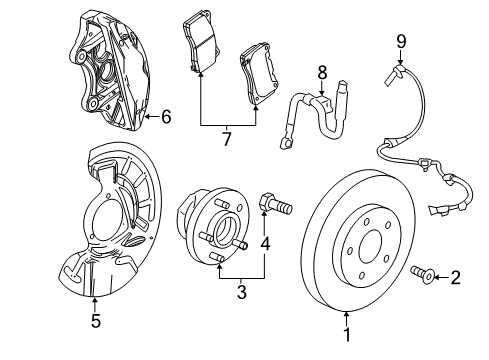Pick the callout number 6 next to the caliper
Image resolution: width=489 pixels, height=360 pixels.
tap(165, 117)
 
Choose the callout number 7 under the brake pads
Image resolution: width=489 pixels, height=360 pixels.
tap(227, 138)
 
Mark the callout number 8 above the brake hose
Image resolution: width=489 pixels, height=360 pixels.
tap(322, 72)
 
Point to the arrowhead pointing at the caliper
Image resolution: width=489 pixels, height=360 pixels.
tap(147, 117)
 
